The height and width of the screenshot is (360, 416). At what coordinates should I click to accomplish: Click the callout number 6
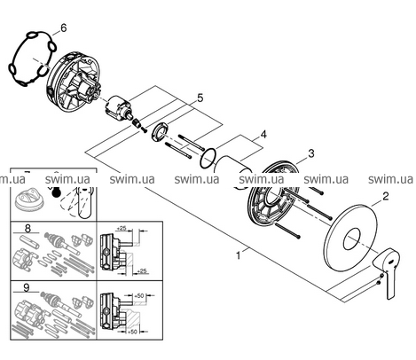[63, 28]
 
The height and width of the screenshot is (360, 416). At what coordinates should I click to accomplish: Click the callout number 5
[200, 98]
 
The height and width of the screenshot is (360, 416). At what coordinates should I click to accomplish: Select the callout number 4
[263, 135]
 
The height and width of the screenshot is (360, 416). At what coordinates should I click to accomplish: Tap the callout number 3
[310, 153]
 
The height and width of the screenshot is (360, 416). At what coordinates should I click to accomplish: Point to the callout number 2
[385, 196]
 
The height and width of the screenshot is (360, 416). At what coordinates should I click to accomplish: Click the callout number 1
[239, 255]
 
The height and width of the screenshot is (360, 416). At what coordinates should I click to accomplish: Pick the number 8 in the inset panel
[27, 228]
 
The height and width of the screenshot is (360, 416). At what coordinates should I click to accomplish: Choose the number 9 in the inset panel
[27, 287]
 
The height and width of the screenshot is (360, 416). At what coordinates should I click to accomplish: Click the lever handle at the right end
[384, 272]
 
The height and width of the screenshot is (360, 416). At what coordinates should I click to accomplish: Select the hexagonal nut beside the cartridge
[161, 132]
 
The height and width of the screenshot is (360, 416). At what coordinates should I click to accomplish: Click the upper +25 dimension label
[122, 228]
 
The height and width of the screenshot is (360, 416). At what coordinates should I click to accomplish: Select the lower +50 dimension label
[132, 332]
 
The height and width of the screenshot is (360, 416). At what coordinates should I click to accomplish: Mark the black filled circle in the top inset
[55, 192]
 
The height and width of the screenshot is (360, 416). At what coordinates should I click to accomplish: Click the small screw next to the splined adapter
[144, 129]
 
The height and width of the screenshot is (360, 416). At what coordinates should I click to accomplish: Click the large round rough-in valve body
[74, 82]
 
